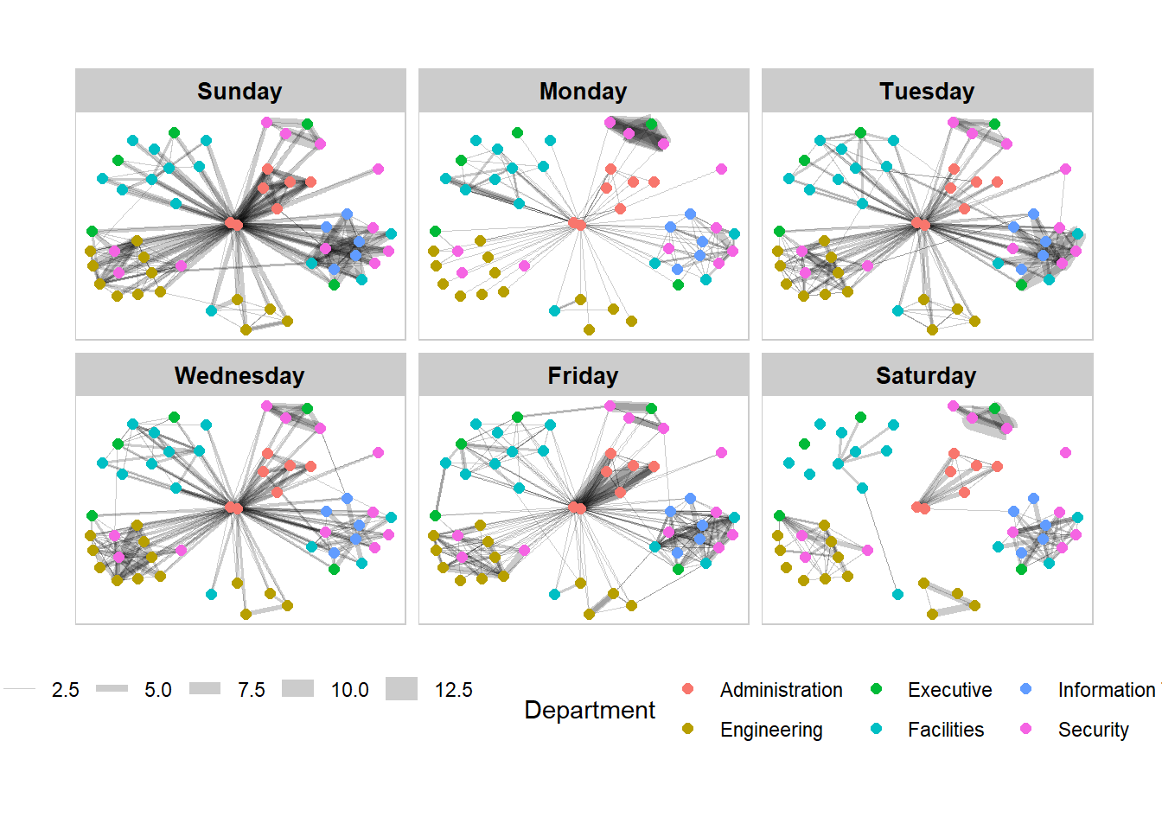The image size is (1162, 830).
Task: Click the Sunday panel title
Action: pyautogui.click(x=239, y=91)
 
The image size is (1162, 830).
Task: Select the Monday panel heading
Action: pyautogui.click(x=583, y=91)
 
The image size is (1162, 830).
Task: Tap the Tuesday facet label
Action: pyautogui.click(x=927, y=91)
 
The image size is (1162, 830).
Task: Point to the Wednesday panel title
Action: pyautogui.click(x=239, y=375)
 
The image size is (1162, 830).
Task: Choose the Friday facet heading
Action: pyautogui.click(x=583, y=375)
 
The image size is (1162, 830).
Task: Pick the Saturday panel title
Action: pyautogui.click(x=926, y=375)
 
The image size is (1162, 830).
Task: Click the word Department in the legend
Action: pyautogui.click(x=590, y=710)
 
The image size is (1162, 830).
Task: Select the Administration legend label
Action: pyautogui.click(x=781, y=690)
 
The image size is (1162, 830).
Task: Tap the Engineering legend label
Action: pyautogui.click(x=771, y=730)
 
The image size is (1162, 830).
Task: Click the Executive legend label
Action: pyautogui.click(x=949, y=690)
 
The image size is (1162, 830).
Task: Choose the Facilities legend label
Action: pyautogui.click(x=946, y=730)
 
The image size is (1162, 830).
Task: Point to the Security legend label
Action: pyautogui.click(x=1093, y=730)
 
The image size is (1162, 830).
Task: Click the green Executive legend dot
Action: pyautogui.click(x=876, y=689)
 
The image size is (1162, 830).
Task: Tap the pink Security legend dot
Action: pyautogui.click(x=1026, y=729)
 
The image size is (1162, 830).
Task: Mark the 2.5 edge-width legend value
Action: pyautogui.click(x=65, y=690)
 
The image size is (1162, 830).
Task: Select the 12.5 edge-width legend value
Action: pyautogui.click(x=453, y=690)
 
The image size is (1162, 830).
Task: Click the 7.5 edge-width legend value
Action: pyautogui.click(x=252, y=690)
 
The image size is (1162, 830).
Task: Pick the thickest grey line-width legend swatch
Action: pyautogui.click(x=401, y=689)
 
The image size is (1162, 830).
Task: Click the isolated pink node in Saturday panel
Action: pyautogui.click(x=1065, y=452)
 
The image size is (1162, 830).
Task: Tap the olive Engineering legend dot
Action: pyautogui.click(x=688, y=729)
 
